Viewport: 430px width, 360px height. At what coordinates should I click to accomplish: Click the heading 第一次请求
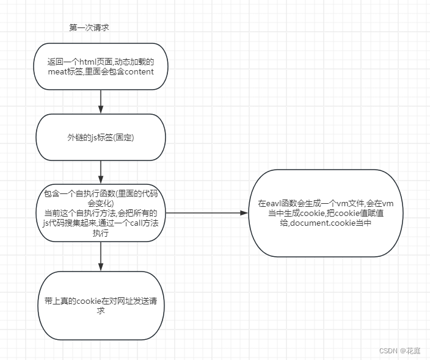(89, 27)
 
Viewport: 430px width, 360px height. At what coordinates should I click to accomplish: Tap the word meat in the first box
(59, 72)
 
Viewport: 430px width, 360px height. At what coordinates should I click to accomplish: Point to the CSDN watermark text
(389, 351)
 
